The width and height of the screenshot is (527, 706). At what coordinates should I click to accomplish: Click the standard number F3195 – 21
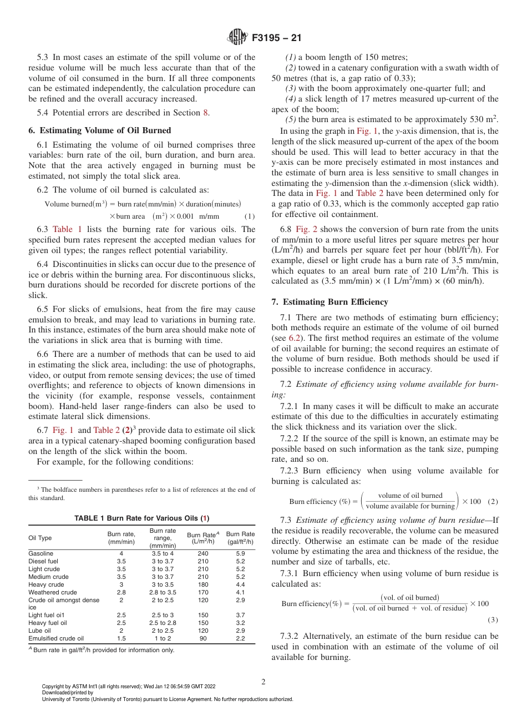pos(277,38)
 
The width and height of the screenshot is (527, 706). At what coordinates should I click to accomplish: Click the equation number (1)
pos(250,216)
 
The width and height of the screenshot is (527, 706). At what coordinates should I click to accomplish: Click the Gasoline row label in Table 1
pos(40,553)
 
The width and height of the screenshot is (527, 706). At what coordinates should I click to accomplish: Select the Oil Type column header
pos(40,538)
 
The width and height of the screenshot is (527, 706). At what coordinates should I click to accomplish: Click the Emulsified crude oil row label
pos(56,638)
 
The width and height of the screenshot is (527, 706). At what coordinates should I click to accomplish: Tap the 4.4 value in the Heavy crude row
pos(240,584)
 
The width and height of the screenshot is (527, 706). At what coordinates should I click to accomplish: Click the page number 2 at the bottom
pos(263,682)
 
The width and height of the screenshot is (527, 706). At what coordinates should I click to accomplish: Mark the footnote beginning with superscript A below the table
pos(101,650)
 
